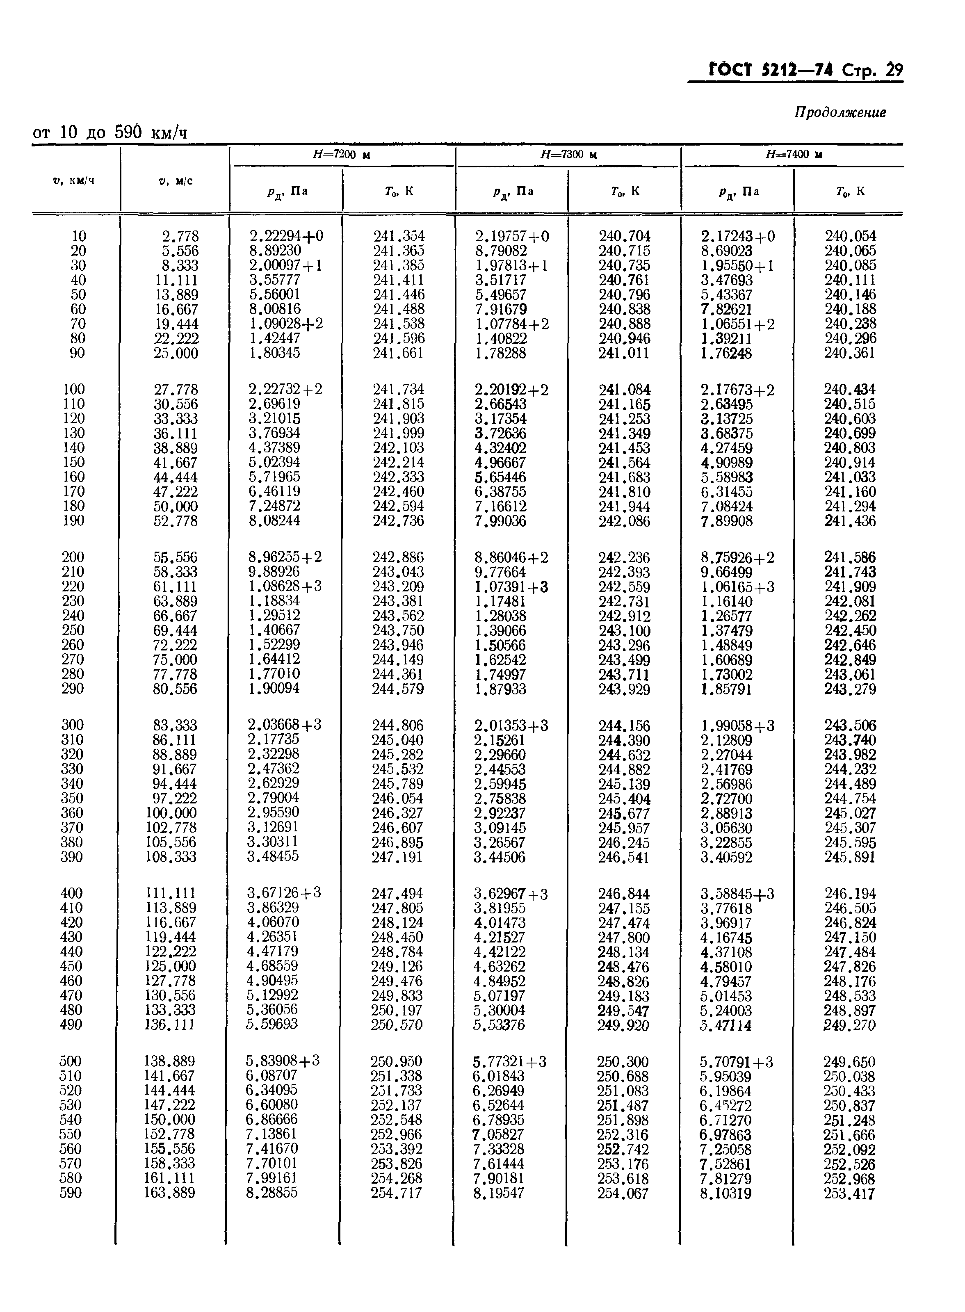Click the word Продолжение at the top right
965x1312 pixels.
click(x=840, y=113)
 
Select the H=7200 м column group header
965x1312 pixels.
click(x=342, y=155)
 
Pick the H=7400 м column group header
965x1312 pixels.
click(x=794, y=155)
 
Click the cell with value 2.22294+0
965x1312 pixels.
click(x=285, y=236)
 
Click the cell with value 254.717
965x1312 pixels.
click(x=396, y=1192)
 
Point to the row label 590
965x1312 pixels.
click(x=71, y=1192)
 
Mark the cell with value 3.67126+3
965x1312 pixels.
click(x=284, y=892)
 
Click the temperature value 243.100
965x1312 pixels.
click(x=624, y=630)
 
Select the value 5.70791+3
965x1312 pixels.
click(x=737, y=1061)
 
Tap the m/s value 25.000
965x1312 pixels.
click(x=176, y=353)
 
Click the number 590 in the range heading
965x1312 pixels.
click(x=128, y=132)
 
